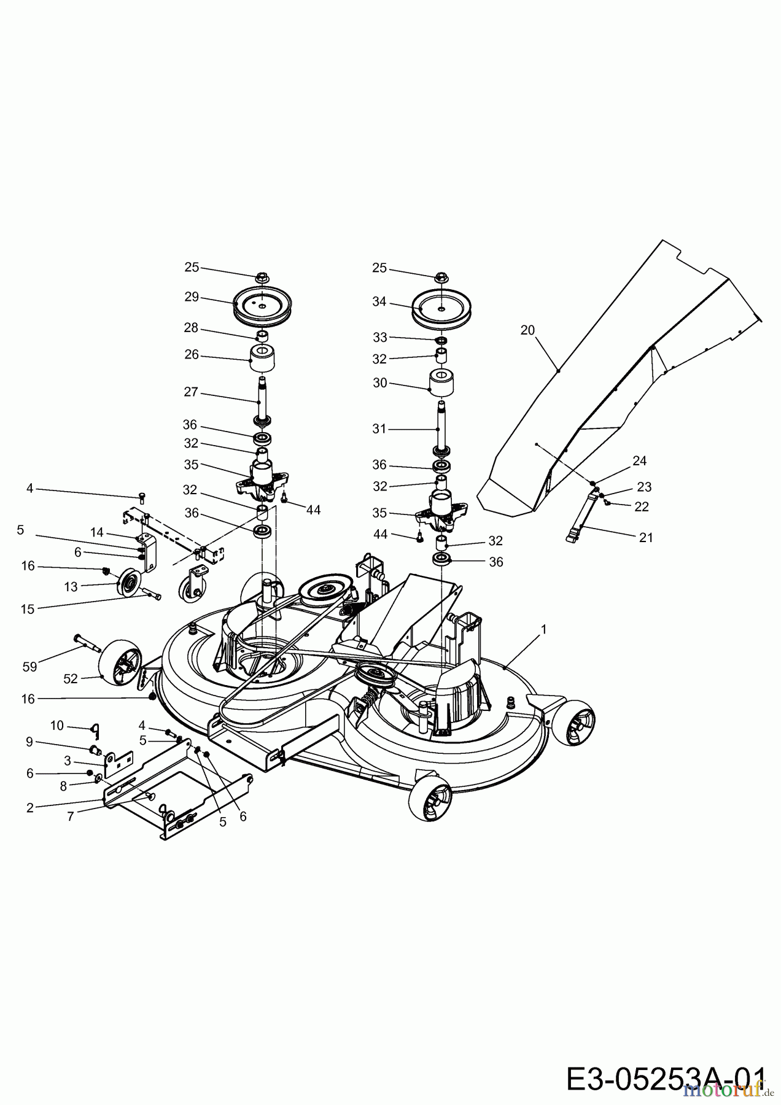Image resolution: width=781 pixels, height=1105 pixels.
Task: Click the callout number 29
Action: click(192, 297)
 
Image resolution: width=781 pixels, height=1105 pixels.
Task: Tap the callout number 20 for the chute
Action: click(527, 330)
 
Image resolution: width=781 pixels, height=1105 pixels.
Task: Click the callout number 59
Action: click(29, 667)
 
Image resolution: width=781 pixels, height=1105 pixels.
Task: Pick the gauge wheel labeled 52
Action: click(117, 662)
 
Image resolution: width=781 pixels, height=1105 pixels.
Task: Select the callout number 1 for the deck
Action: click(543, 629)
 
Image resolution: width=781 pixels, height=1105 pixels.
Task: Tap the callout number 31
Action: click(379, 429)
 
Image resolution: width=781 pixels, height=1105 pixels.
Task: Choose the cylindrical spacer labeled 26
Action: click(262, 359)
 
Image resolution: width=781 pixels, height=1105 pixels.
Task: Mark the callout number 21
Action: click(646, 537)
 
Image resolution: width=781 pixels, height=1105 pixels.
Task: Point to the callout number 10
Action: click(56, 726)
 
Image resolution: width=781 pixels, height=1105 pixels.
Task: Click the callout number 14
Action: click(97, 532)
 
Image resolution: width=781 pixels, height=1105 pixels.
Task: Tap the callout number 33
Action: click(379, 338)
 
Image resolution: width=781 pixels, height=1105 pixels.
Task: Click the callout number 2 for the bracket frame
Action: click(30, 808)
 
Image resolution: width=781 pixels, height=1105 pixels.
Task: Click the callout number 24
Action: click(640, 461)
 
